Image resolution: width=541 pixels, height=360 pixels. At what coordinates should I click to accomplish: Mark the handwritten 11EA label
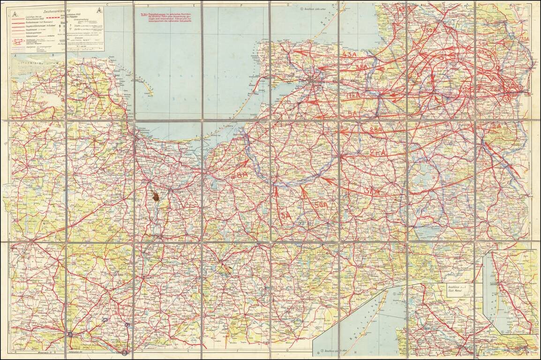pyautogui.click(x=354, y=96)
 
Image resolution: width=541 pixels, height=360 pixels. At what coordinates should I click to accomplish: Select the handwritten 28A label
pyautogui.click(x=376, y=130)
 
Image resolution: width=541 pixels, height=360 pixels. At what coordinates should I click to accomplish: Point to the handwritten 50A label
pyautogui.click(x=321, y=205)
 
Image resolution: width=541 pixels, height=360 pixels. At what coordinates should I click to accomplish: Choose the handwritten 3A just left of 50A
pyautogui.click(x=285, y=215)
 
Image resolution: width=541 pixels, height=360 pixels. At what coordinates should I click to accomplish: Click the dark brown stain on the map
pyautogui.click(x=155, y=197)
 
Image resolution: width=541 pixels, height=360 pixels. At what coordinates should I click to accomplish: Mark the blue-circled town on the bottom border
pyautogui.click(x=125, y=351)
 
